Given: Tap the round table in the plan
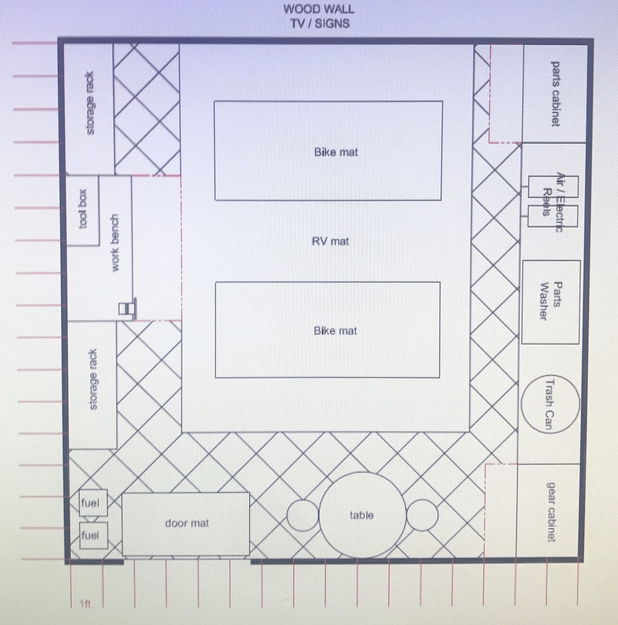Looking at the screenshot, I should (x=362, y=515).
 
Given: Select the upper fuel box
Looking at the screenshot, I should (x=93, y=504).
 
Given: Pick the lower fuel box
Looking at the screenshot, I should (x=93, y=535).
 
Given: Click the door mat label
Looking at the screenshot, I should (x=187, y=523).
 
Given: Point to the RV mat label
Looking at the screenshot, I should (x=330, y=241).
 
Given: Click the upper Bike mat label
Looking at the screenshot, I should (x=336, y=152).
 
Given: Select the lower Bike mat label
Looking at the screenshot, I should (x=335, y=331).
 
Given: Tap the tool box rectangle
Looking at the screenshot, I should (x=83, y=209).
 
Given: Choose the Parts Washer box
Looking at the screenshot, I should (x=550, y=302).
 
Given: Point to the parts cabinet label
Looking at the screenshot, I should (x=556, y=94).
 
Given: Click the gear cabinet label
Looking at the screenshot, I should (x=550, y=511).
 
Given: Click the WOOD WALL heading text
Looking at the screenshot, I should (x=319, y=9).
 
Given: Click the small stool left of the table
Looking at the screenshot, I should (x=302, y=515).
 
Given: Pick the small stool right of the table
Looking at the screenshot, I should (x=422, y=515).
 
